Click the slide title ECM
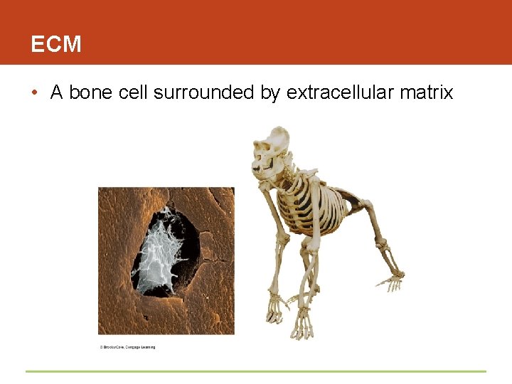pyautogui.click(x=56, y=45)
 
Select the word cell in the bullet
pyautogui.click(x=130, y=92)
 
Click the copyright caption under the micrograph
pyautogui.click(x=127, y=347)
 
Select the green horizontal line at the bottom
pyautogui.click(x=256, y=371)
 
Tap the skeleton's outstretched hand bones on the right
pyautogui.click(x=390, y=280)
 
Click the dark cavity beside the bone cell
pyautogui.click(x=186, y=242)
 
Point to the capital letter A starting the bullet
pyautogui.click(x=57, y=92)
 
